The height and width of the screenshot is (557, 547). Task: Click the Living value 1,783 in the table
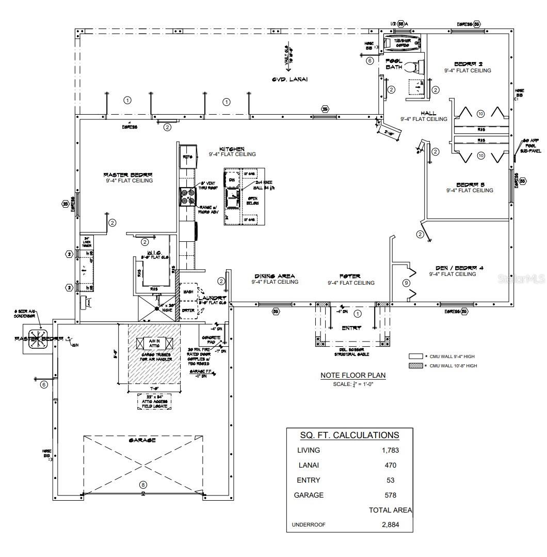[x=390, y=450]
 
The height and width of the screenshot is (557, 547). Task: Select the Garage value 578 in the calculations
[x=390, y=495]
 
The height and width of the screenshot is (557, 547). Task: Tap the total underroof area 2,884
[x=390, y=524]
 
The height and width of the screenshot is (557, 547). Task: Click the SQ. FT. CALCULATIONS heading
[x=349, y=435]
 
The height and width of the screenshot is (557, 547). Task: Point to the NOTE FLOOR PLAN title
[x=352, y=376]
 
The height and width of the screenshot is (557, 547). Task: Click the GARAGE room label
[x=142, y=440]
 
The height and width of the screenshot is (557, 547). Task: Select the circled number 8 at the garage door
[x=143, y=484]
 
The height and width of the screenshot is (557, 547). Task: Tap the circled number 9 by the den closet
[x=406, y=283]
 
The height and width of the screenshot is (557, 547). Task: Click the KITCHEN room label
[x=232, y=149]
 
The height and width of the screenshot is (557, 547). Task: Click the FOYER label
[x=349, y=276]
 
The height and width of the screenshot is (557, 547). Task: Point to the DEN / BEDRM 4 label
[x=452, y=268]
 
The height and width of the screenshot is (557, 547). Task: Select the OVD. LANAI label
[x=289, y=79]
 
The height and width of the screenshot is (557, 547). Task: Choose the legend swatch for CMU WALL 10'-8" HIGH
[x=415, y=365]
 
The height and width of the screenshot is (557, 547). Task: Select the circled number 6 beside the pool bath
[x=369, y=60]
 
